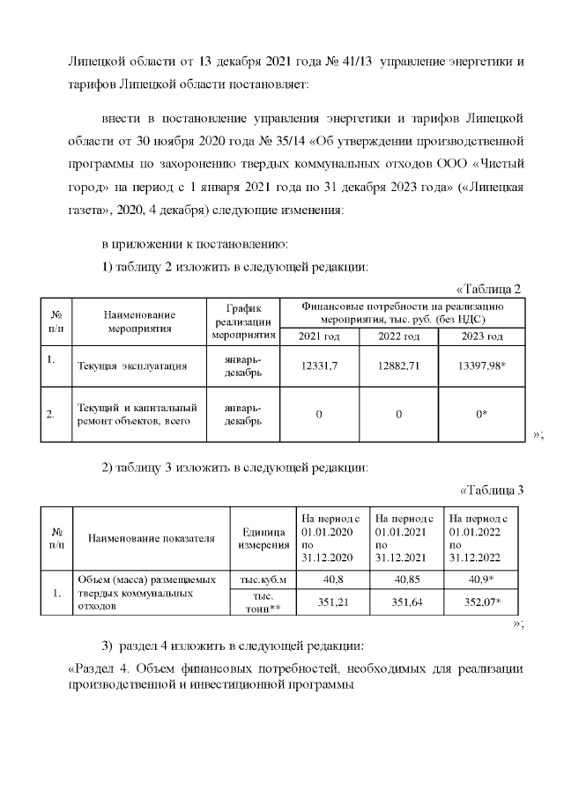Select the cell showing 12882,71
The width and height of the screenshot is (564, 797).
point(401,365)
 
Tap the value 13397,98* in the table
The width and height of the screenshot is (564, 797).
point(483,365)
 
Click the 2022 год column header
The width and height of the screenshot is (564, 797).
point(401,336)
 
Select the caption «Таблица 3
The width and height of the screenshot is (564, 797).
point(492,491)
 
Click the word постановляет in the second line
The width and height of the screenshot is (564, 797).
point(263,86)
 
